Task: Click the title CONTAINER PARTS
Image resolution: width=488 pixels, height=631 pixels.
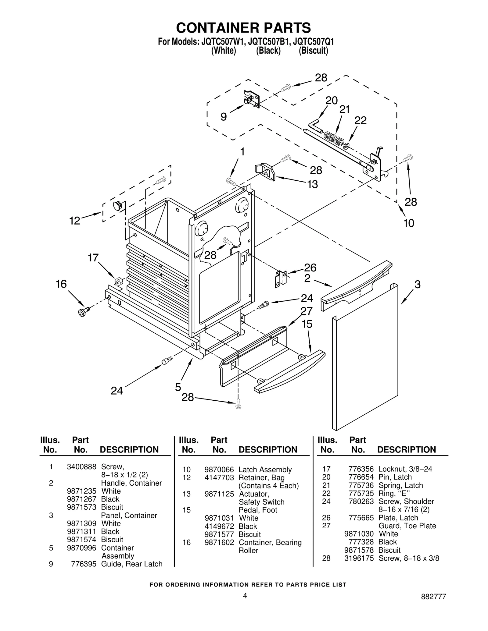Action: coord(243,28)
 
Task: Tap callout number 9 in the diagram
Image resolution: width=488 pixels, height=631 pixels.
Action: coord(224,117)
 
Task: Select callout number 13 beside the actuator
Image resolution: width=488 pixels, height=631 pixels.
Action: coord(312,184)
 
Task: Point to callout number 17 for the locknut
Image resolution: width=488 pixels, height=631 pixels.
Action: coord(93,258)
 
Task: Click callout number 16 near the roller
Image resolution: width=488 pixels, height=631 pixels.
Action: coord(61,284)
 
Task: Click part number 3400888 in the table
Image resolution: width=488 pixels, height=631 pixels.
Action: coord(81,466)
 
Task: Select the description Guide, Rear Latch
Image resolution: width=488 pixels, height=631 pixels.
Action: coord(131,564)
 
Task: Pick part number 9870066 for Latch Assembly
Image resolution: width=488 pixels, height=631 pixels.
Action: coord(219,470)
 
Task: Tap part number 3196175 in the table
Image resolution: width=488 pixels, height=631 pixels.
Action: coord(359,558)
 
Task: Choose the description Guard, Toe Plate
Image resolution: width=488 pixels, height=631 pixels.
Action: coord(407,526)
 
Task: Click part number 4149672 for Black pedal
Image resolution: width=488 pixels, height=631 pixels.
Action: coord(219,526)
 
